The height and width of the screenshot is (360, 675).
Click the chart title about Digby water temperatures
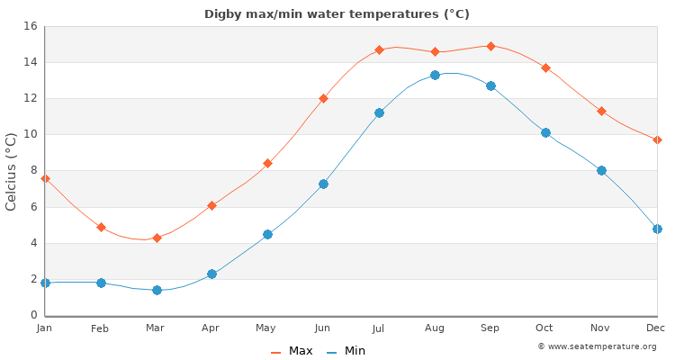pos(337,14)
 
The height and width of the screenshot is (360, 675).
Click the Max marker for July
pos(379,49)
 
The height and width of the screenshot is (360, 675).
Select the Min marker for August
pos(435,75)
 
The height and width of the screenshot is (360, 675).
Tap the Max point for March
pos(157,238)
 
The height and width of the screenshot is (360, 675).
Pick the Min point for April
pos(211,274)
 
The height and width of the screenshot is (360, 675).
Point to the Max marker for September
pos(490,46)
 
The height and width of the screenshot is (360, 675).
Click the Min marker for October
pos(545,132)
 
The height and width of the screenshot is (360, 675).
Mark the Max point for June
pos(323,98)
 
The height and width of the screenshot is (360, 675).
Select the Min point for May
pos(267,234)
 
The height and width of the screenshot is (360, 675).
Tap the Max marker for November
pos(601,111)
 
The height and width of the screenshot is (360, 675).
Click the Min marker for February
pos(101,283)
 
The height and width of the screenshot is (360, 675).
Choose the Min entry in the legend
pos(346,351)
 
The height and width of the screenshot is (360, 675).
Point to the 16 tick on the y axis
pos(30,26)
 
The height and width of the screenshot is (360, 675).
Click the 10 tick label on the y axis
pos(30,134)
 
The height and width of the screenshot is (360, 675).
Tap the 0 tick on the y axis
pos(33,315)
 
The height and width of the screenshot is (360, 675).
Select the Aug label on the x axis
pos(435,328)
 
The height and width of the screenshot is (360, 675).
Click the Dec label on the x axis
pos(656,328)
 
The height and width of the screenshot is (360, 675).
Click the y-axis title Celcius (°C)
pos(12,171)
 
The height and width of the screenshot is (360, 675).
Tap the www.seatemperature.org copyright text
pos(597,346)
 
